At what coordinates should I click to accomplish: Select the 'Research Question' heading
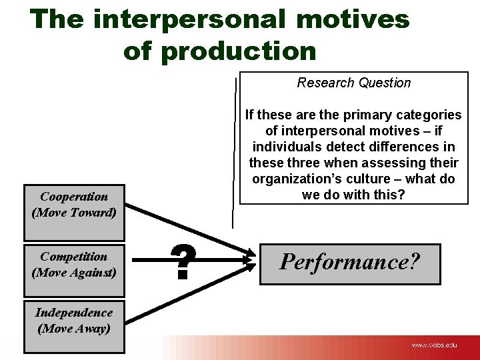click(353, 83)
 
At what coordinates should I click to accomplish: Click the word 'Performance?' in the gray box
click(350, 261)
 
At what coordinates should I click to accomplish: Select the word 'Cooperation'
click(74, 197)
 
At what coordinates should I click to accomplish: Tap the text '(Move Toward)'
click(74, 213)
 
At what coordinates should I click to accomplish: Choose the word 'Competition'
click(74, 257)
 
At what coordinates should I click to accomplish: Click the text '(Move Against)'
click(74, 272)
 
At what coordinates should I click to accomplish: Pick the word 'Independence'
click(74, 313)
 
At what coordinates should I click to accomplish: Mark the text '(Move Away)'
click(74, 328)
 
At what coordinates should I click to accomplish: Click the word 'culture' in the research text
click(365, 179)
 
